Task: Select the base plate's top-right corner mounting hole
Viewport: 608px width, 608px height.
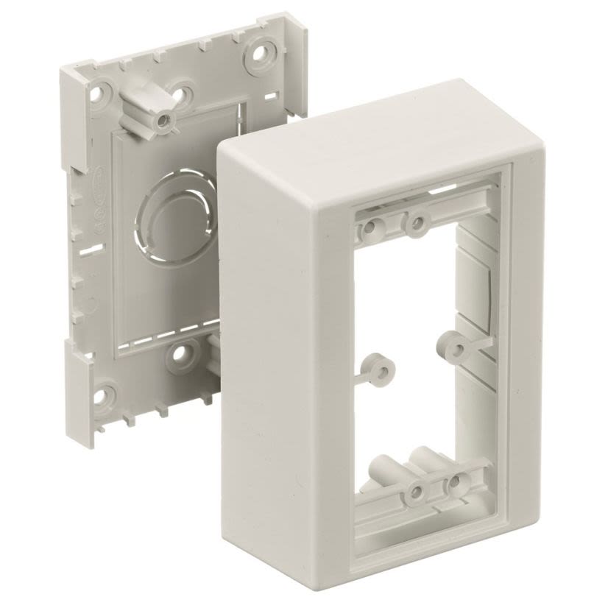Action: pyautogui.click(x=259, y=53)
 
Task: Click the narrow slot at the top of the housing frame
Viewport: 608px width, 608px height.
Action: pyautogui.click(x=442, y=189)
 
